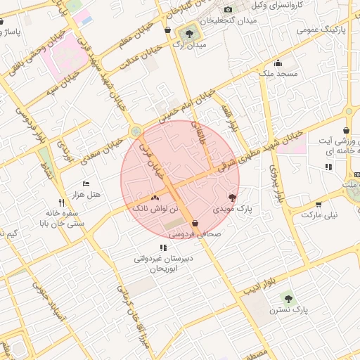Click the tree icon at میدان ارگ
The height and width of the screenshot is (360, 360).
point(189,33)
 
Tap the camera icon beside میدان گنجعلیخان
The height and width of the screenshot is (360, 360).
point(227,9)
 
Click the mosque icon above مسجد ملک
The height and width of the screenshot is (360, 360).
point(278,62)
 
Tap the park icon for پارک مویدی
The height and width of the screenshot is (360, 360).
point(233,198)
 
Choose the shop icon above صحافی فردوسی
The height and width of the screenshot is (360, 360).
point(194,223)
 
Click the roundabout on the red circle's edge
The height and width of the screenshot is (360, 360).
point(135,132)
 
